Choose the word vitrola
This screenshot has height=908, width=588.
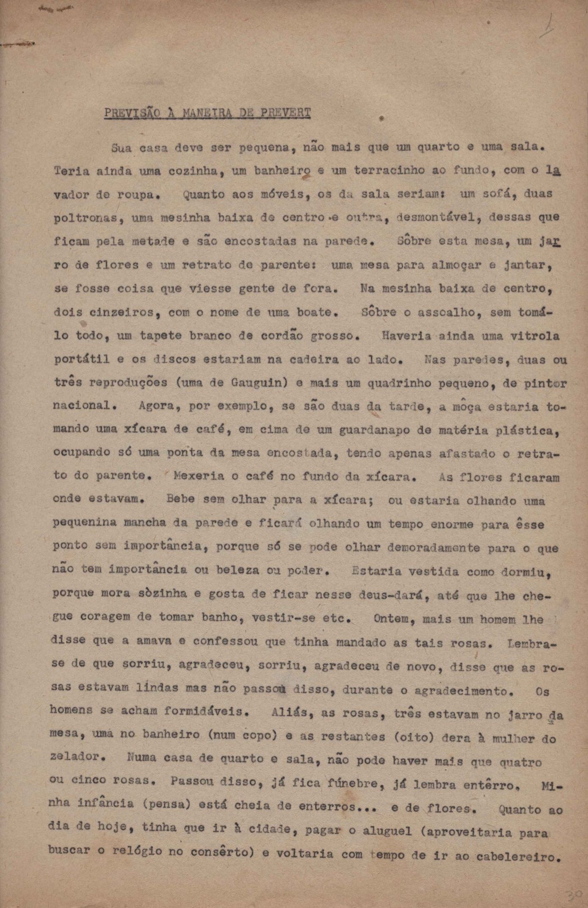(535, 336)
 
